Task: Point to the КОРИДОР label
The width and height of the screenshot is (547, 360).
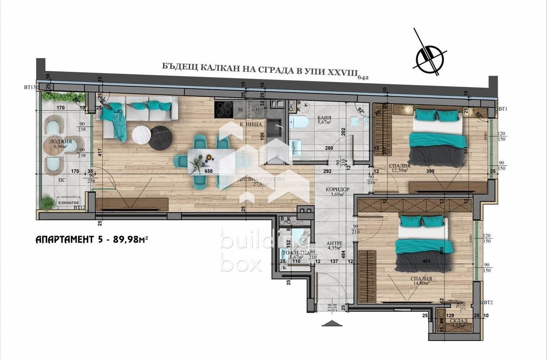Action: click(337, 189)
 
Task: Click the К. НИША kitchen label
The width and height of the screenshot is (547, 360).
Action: click(248, 124)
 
